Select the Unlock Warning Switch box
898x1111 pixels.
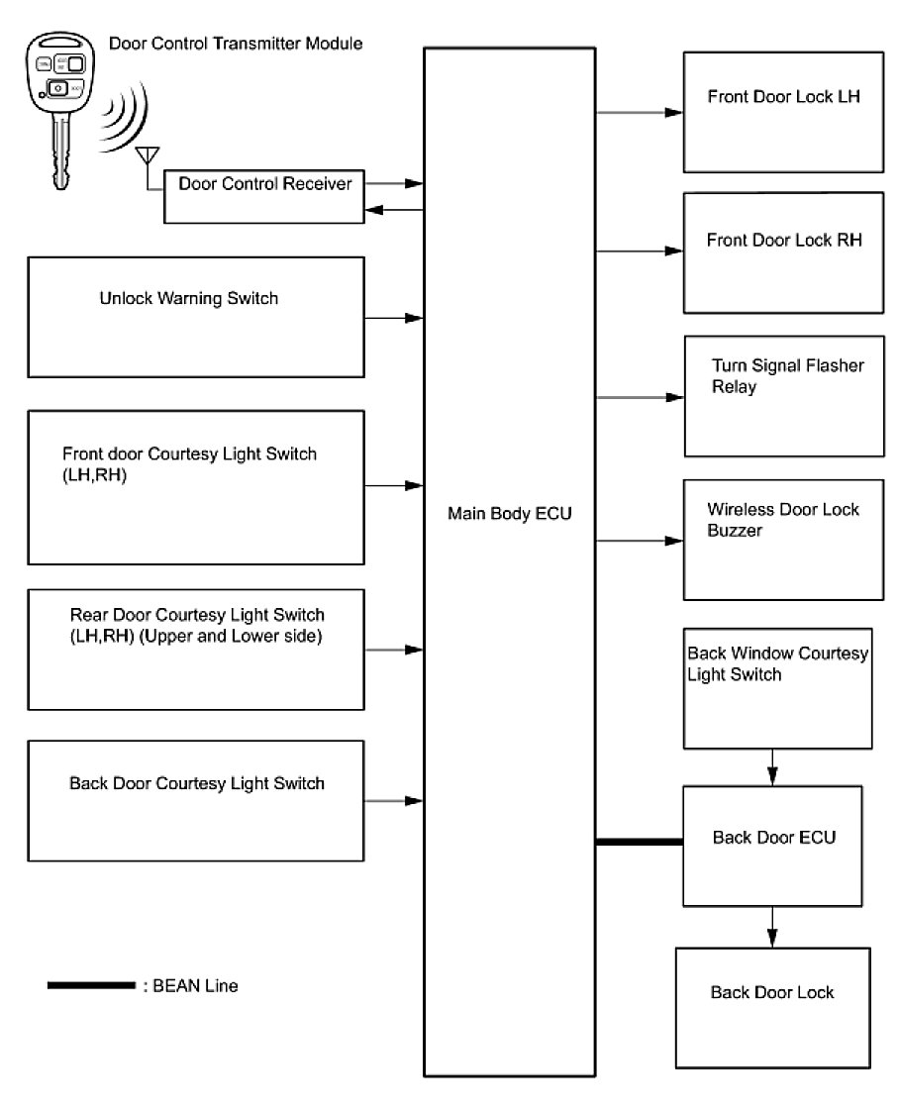click(196, 317)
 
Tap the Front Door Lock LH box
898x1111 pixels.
click(782, 112)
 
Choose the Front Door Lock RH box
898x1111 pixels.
click(782, 252)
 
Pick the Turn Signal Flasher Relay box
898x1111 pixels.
click(782, 396)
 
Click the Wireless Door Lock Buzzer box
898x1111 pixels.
click(782, 540)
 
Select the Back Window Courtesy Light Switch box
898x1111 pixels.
click(777, 688)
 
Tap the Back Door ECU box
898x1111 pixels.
click(774, 846)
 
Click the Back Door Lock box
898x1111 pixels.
click(772, 1006)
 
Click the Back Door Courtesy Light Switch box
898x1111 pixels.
click(196, 801)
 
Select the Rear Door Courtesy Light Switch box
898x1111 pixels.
click(196, 650)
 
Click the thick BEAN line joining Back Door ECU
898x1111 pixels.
click(640, 842)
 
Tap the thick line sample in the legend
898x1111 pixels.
click(90, 985)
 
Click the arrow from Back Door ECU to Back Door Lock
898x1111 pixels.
click(772, 927)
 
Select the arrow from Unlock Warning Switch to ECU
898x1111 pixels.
click(394, 319)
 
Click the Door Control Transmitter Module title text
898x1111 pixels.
click(235, 44)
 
